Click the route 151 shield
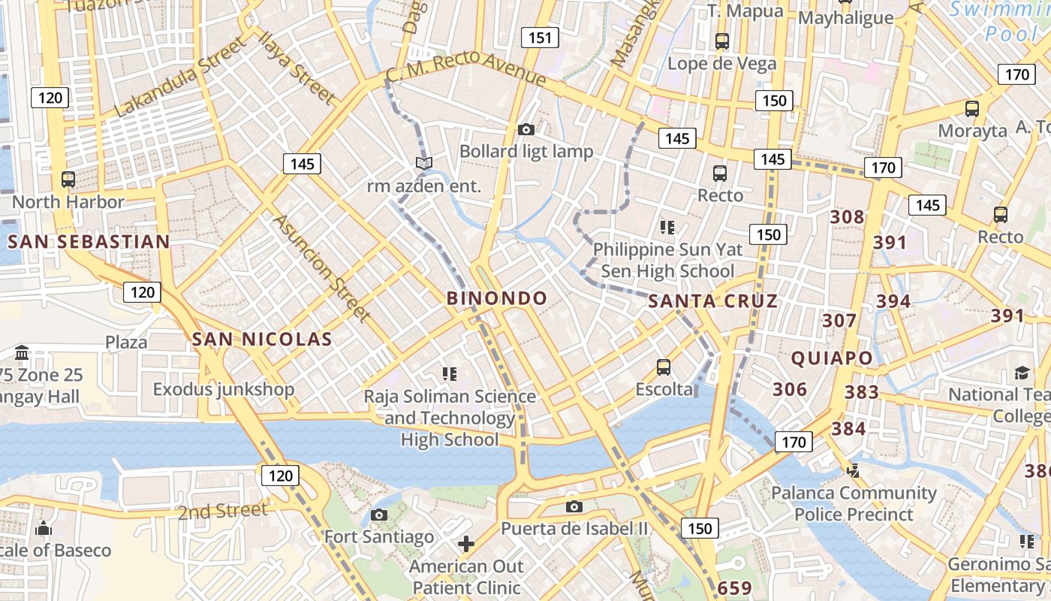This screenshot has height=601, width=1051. tap(540, 38)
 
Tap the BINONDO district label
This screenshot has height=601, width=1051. tap(497, 298)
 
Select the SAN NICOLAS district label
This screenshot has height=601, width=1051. tap(262, 339)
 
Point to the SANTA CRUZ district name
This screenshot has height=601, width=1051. tap(712, 301)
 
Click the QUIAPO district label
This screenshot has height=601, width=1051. tap(832, 358)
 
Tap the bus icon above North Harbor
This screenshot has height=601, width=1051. tap(68, 180)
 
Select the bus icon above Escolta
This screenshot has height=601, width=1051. tap(664, 367)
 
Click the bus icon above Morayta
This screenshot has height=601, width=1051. tap(972, 108)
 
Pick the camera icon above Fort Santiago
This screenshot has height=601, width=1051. tap(379, 515)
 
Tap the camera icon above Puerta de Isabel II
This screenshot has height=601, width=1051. tap(574, 506)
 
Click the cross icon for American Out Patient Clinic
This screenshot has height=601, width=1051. tap(466, 543)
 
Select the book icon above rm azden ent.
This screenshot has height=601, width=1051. tap(424, 163)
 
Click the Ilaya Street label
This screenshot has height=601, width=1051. tap(297, 68)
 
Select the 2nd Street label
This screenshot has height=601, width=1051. tap(222, 512)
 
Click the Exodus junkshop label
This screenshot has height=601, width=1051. tap(224, 389)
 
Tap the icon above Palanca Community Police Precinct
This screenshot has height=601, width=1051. tap(852, 471)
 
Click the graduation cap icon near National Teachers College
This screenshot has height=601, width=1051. tap(1022, 373)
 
